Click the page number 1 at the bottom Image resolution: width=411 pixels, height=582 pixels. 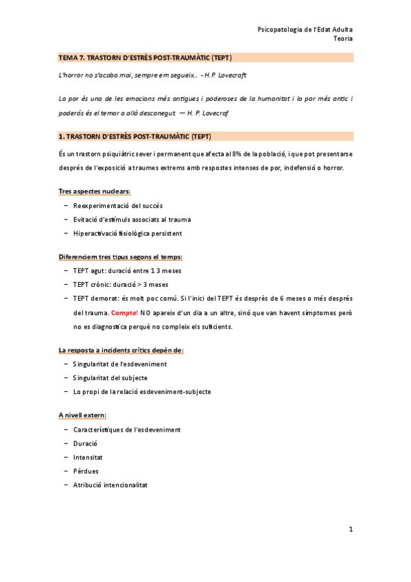click(x=350, y=529)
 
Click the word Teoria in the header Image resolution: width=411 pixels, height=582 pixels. click(x=343, y=39)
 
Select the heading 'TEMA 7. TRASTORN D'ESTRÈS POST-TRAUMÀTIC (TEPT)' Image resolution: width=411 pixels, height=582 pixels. click(x=145, y=58)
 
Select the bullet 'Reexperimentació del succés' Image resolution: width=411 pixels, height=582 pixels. click(x=118, y=205)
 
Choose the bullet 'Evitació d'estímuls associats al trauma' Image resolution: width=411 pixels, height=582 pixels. click(x=132, y=219)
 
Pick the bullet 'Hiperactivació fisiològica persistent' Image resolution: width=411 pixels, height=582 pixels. click(x=127, y=233)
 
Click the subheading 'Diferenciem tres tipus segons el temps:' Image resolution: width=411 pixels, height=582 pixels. click(x=120, y=257)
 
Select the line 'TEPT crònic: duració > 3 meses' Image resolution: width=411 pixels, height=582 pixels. click(x=120, y=284)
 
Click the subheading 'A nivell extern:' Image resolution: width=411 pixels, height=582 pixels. click(x=82, y=415)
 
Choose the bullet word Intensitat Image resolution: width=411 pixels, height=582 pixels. click(x=90, y=457)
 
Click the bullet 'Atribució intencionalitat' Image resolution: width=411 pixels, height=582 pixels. click(x=110, y=485)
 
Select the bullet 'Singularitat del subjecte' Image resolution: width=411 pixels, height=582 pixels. click(x=110, y=377)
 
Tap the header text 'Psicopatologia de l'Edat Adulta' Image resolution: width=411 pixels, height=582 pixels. click(x=305, y=30)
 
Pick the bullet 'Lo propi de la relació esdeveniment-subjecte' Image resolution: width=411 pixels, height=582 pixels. click(x=141, y=391)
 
